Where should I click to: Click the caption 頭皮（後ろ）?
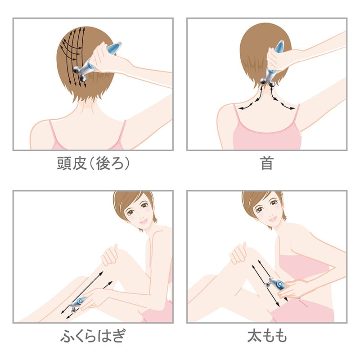[93, 163]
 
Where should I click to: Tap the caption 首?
[267, 163]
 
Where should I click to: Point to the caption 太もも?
[267, 336]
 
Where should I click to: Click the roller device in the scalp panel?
[96, 62]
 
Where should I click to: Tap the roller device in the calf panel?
[77, 304]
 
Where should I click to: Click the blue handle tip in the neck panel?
[279, 47]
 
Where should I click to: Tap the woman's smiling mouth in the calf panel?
[143, 221]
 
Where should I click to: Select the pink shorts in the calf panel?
[158, 312]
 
